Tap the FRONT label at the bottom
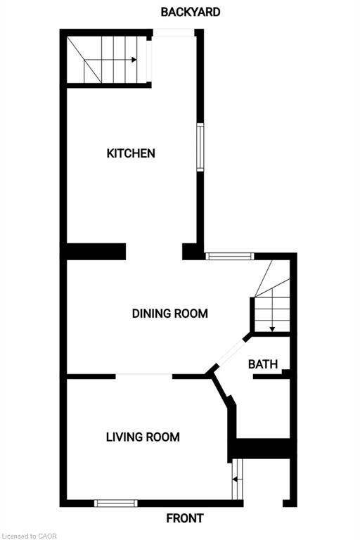(x=185, y=519)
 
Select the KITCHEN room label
(x=131, y=153)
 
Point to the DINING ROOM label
(x=170, y=314)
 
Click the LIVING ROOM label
(x=143, y=437)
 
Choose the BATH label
(x=263, y=364)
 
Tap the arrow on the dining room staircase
(x=272, y=327)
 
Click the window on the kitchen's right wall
(x=200, y=147)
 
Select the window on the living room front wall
(x=116, y=503)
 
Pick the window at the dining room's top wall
(x=229, y=257)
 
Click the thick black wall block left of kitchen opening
(x=95, y=251)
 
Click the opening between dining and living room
(x=144, y=376)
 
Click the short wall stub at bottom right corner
(x=288, y=502)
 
